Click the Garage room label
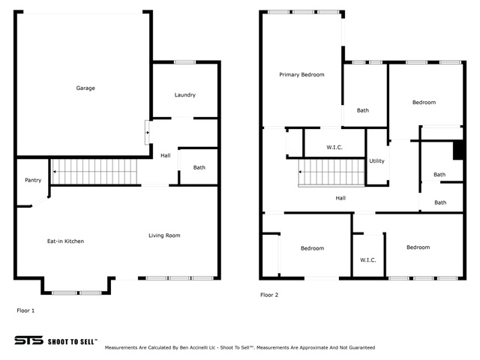tap(85, 88)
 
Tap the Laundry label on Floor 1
tap(185, 95)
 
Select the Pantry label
tap(33, 180)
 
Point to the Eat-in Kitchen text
tap(65, 241)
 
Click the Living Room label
tap(164, 235)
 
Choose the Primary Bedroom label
tap(301, 75)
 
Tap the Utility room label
tap(376, 161)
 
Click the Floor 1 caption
tap(25, 310)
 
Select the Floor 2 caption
tap(269, 295)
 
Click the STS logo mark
tap(28, 340)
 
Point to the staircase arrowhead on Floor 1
tap(55, 172)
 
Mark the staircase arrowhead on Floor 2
tap(300, 172)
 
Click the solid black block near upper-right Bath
tap(458, 150)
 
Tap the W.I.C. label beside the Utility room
tap(334, 148)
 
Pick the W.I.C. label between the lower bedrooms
tap(368, 260)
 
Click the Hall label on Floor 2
tap(340, 198)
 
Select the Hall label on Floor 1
tap(166, 155)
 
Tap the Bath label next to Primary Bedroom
tap(363, 110)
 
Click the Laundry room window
tap(185, 62)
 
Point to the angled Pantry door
tap(40, 201)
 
